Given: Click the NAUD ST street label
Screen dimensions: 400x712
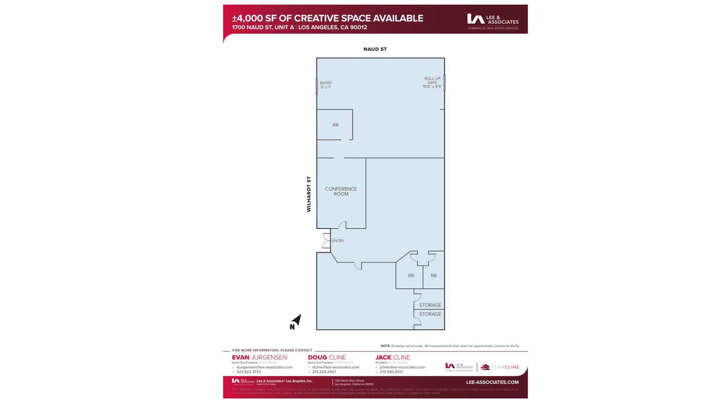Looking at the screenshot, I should [375, 49].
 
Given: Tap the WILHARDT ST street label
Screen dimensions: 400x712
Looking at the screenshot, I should [309, 194].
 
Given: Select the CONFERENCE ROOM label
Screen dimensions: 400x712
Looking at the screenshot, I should [341, 191].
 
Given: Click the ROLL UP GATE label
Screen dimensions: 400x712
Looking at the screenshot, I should [432, 82].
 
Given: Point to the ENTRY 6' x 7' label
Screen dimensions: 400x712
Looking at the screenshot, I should [325, 85].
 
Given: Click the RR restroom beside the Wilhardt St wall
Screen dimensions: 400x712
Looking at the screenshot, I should [335, 125].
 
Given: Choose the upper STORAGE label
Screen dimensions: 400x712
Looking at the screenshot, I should [430, 305].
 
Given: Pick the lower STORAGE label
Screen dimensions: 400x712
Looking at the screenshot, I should [430, 314].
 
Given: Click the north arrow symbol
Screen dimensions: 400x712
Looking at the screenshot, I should [295, 322].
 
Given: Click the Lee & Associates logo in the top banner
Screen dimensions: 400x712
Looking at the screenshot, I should [492, 22].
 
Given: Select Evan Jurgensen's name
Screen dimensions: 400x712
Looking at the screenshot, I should [259, 357].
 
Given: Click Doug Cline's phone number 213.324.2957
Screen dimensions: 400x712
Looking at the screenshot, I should [324, 372].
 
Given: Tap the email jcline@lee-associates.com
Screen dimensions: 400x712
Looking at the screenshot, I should [402, 367].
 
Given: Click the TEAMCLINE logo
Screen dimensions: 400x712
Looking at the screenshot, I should [500, 367].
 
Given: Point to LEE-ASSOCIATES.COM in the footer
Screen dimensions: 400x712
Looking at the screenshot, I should [492, 382].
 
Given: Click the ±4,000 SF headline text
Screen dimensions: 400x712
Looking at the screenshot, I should [327, 18].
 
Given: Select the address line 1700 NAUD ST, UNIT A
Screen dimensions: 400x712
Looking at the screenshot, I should [263, 27].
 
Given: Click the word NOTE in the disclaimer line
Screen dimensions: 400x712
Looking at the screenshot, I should [385, 346].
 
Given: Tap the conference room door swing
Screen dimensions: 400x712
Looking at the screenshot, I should [342, 225].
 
